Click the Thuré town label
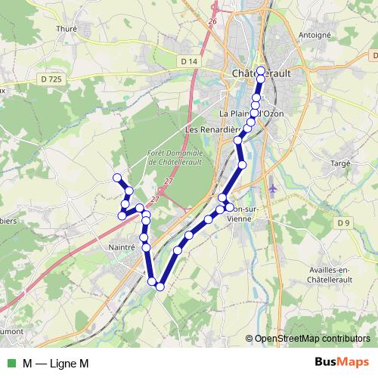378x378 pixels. point(67,29)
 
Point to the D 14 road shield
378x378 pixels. point(189,60)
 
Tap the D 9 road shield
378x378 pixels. point(344,222)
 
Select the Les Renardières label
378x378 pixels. point(211,129)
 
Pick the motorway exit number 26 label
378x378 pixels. point(212,20)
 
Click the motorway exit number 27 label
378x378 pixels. point(169,181)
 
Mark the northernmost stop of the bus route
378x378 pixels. point(261,70)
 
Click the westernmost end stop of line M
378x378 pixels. point(116,178)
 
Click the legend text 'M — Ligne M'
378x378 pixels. point(56,363)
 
